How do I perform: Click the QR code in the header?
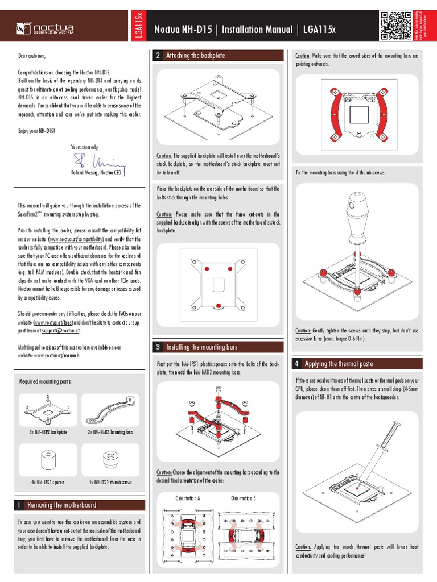(x=394, y=26)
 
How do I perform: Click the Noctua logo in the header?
(x=45, y=27)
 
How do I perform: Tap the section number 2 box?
(x=158, y=56)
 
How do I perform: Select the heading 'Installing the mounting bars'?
(x=201, y=347)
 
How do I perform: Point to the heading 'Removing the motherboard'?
(x=61, y=505)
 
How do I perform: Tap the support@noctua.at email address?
(x=61, y=330)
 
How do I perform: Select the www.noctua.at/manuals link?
(x=56, y=355)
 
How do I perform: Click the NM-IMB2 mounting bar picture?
(x=110, y=410)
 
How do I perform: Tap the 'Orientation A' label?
(x=187, y=498)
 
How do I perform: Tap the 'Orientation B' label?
(x=243, y=498)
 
